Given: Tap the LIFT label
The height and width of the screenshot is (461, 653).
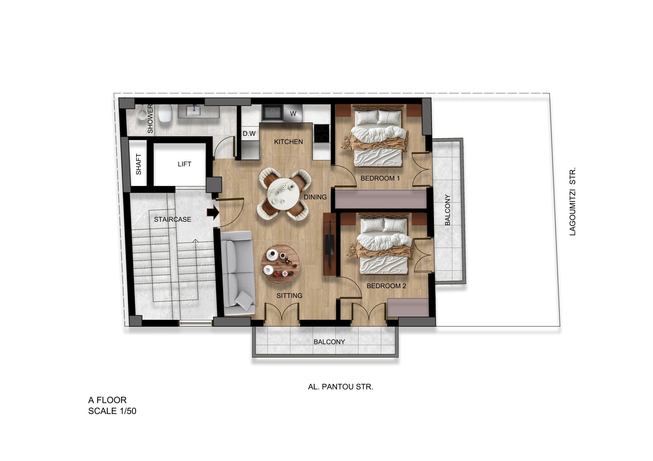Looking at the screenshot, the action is pyautogui.click(x=184, y=164).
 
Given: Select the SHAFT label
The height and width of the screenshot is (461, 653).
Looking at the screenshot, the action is pyautogui.click(x=138, y=164).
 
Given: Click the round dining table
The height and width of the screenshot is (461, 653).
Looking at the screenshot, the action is pyautogui.click(x=283, y=195).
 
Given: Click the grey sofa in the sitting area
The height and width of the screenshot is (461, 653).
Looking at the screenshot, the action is pyautogui.click(x=238, y=273).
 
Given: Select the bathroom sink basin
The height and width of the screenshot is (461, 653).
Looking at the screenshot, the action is pyautogui.click(x=194, y=111).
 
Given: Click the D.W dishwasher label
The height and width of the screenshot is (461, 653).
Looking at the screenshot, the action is pyautogui.click(x=249, y=134).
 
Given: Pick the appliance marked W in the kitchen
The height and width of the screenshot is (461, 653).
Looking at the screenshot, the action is pyautogui.click(x=293, y=113).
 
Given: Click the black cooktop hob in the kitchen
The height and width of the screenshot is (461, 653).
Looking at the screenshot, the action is pyautogui.click(x=322, y=133).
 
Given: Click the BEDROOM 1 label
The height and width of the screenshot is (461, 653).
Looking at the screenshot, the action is pyautogui.click(x=380, y=178).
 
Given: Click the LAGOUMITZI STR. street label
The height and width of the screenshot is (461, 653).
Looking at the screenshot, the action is pyautogui.click(x=572, y=201).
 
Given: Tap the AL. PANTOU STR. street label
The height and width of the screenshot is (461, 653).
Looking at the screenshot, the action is pyautogui.click(x=341, y=387).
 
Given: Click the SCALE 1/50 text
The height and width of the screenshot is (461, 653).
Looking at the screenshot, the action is pyautogui.click(x=112, y=411).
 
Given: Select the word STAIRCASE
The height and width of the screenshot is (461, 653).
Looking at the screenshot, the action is pyautogui.click(x=173, y=219).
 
